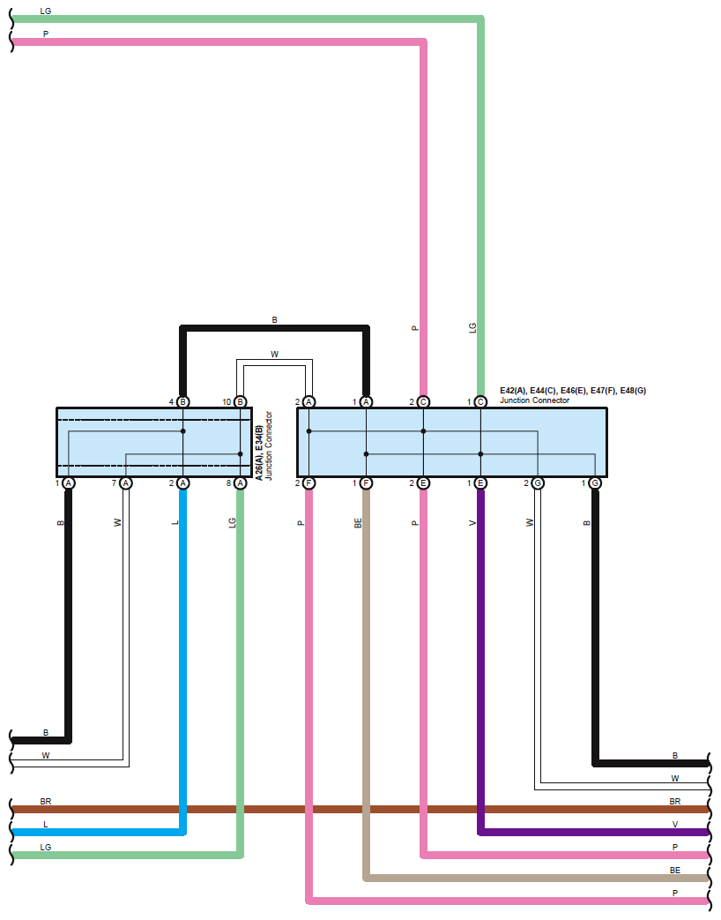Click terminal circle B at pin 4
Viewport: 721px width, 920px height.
click(x=183, y=401)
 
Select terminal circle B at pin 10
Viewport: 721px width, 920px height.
click(x=241, y=401)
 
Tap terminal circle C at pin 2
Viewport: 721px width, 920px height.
click(x=423, y=401)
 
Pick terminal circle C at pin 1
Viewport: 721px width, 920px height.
click(x=480, y=401)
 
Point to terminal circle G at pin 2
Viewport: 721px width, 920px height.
click(x=538, y=483)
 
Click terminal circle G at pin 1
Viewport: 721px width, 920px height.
click(x=595, y=483)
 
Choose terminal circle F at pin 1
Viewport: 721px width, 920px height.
click(x=366, y=483)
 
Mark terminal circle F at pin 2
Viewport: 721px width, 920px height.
click(x=308, y=483)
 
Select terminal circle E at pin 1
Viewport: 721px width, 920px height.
click(x=480, y=483)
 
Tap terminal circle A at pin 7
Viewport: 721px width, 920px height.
click(x=126, y=483)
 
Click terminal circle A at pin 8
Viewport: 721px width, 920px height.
click(x=241, y=483)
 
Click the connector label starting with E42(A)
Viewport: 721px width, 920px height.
click(x=573, y=390)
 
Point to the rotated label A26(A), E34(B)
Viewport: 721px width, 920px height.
click(x=259, y=445)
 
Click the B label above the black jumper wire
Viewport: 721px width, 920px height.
click(x=274, y=319)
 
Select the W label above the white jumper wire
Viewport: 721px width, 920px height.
click(x=274, y=354)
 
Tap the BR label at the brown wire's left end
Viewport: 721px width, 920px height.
click(x=46, y=802)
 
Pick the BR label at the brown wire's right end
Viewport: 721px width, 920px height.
click(x=675, y=802)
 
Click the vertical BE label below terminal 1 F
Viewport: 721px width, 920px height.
click(x=358, y=523)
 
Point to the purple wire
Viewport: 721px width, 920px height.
click(x=480, y=662)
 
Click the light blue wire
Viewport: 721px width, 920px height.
click(x=183, y=662)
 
